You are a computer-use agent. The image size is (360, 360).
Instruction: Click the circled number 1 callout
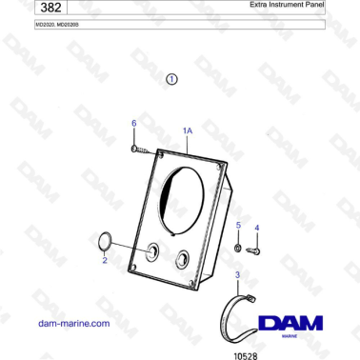tap(171, 80)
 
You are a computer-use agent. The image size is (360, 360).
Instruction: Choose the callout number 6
tap(133, 123)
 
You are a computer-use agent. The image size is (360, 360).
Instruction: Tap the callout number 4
tap(255, 229)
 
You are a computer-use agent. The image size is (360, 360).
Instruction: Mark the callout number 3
tap(237, 274)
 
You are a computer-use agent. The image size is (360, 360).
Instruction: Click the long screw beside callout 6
tap(145, 148)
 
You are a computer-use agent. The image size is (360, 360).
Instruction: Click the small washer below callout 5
tap(237, 247)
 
